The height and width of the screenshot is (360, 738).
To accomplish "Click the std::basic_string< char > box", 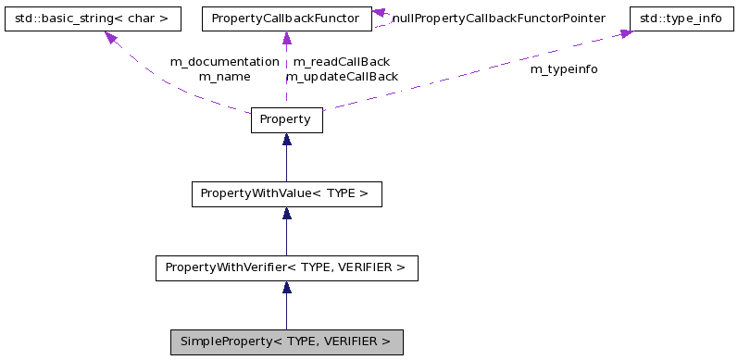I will click(x=92, y=18).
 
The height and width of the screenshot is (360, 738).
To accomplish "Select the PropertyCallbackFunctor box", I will click(x=286, y=18).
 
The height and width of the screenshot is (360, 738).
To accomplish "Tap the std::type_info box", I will click(x=676, y=18).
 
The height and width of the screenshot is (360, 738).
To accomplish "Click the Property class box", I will click(x=286, y=120).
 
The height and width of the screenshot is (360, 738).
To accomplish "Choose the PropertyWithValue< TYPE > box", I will click(x=286, y=194).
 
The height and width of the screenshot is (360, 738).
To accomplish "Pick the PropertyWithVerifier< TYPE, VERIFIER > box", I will click(x=286, y=268).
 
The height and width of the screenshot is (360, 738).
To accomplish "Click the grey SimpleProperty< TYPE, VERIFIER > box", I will click(x=286, y=342).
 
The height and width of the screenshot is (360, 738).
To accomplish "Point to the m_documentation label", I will click(x=224, y=61).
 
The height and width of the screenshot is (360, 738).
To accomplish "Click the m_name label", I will click(x=224, y=77).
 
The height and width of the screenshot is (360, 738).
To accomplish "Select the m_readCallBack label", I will click(x=341, y=61).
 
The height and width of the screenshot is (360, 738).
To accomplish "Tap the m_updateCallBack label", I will click(x=343, y=77).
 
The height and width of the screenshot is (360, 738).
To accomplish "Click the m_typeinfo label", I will click(x=563, y=69).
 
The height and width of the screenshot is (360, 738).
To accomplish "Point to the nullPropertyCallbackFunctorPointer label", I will click(x=499, y=18).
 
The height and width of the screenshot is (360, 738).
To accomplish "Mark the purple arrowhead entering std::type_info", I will click(x=626, y=33).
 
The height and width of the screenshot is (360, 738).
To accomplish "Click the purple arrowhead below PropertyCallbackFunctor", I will click(x=286, y=38).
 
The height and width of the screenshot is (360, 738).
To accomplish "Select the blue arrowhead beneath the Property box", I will click(x=286, y=140).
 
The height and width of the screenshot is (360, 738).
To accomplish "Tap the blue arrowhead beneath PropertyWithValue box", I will click(x=286, y=214).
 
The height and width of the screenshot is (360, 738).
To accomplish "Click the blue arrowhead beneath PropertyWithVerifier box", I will click(x=286, y=288).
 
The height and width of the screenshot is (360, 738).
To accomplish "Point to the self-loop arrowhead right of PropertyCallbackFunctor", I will click(x=379, y=14).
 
